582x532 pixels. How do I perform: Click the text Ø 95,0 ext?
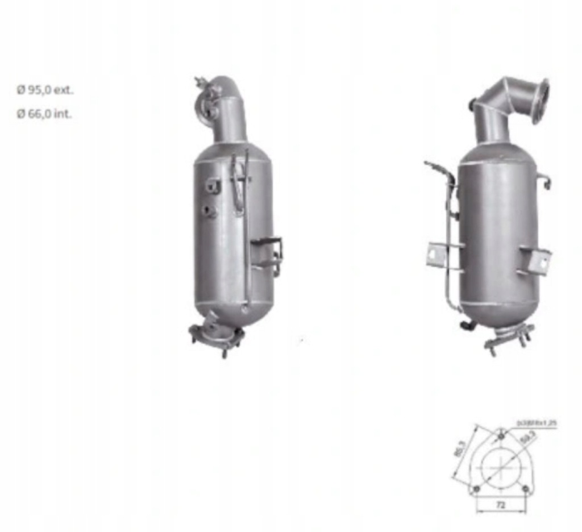tap(45, 90)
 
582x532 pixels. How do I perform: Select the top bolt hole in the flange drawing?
tap(501, 436)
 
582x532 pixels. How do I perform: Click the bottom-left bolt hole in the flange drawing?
tap(476, 489)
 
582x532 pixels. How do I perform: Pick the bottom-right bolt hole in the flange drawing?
tap(525, 489)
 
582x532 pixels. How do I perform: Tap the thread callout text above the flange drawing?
tap(536, 423)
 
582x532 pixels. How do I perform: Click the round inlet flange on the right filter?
tap(541, 101)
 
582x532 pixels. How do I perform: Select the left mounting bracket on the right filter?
tap(438, 253)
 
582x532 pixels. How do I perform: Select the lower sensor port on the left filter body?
tap(209, 212)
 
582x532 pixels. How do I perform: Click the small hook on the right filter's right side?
tap(545, 181)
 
